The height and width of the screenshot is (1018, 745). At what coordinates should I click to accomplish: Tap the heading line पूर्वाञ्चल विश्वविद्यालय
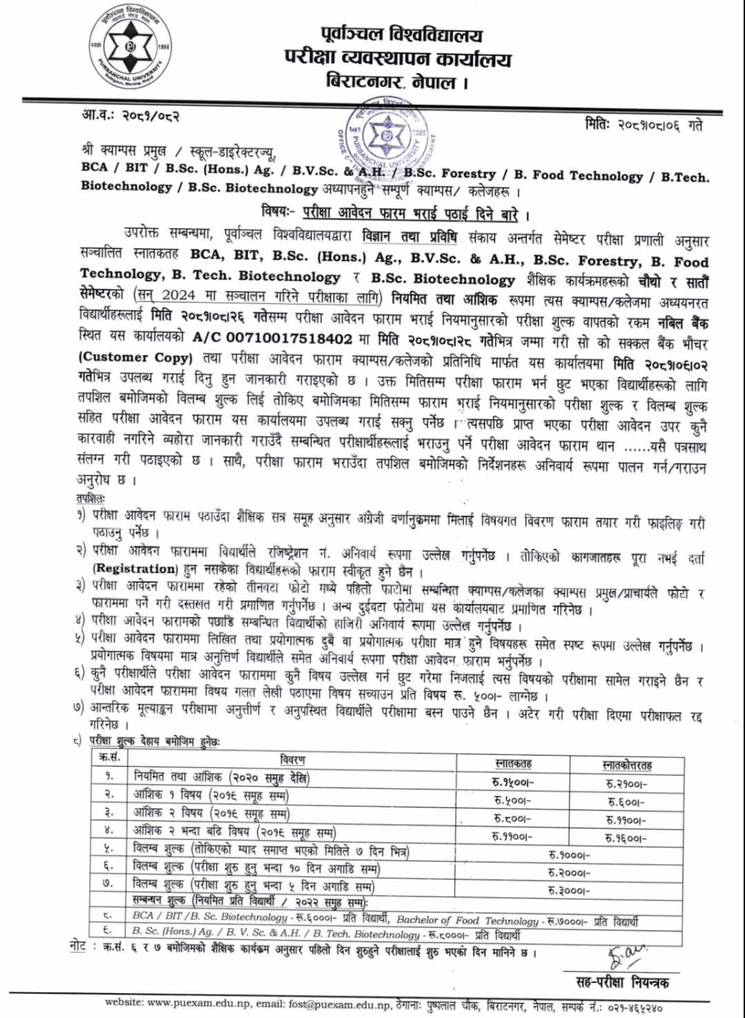click(401, 34)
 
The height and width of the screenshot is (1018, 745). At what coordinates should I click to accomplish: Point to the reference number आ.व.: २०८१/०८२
click(130, 115)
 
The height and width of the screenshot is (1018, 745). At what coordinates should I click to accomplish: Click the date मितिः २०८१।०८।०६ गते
click(643, 124)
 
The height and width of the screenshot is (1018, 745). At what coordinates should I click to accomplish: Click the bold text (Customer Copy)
click(135, 357)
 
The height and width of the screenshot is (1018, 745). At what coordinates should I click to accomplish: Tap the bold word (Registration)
click(135, 568)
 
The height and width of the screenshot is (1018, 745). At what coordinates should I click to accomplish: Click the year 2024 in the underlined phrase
click(178, 296)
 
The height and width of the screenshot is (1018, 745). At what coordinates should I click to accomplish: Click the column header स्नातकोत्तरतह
click(627, 765)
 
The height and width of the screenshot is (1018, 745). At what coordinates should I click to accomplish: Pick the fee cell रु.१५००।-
click(513, 782)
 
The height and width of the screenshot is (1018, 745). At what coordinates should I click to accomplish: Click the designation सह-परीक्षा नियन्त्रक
click(622, 981)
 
